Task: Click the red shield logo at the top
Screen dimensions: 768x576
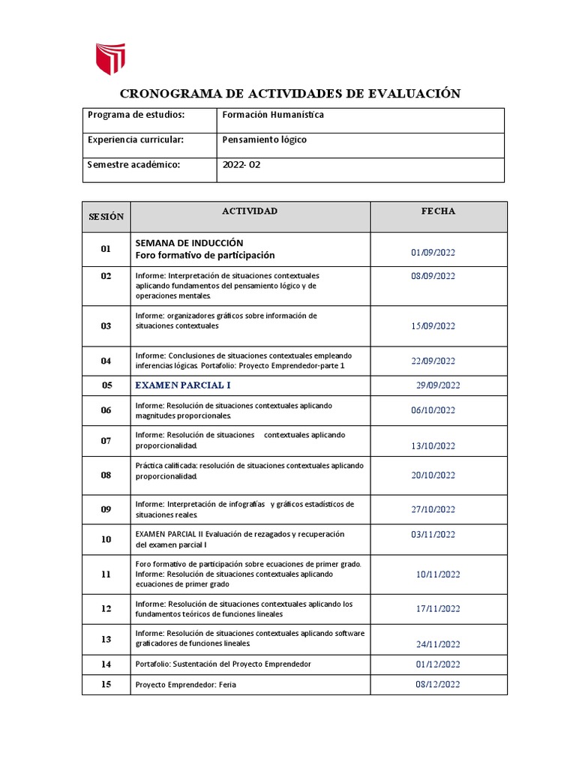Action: (109, 58)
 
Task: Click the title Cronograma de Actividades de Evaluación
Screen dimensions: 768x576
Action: (290, 94)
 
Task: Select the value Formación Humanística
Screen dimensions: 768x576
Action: (273, 115)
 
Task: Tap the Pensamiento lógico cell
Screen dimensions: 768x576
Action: (264, 139)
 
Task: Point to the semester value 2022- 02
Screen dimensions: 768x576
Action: (241, 165)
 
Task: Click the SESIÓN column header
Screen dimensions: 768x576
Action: (106, 216)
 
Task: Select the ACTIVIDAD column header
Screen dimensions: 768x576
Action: (250, 211)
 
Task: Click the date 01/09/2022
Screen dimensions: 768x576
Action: (433, 252)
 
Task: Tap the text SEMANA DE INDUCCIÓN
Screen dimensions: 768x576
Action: (189, 243)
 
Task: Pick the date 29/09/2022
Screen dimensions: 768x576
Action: (437, 385)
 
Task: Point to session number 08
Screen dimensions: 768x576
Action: (106, 475)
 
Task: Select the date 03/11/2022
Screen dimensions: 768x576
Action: (433, 535)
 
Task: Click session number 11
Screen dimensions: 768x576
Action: (106, 574)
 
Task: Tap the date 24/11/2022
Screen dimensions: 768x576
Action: (438, 643)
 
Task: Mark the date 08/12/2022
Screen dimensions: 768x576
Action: (437, 684)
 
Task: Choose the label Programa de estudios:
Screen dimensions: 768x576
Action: (136, 115)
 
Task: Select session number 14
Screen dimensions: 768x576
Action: (106, 664)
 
